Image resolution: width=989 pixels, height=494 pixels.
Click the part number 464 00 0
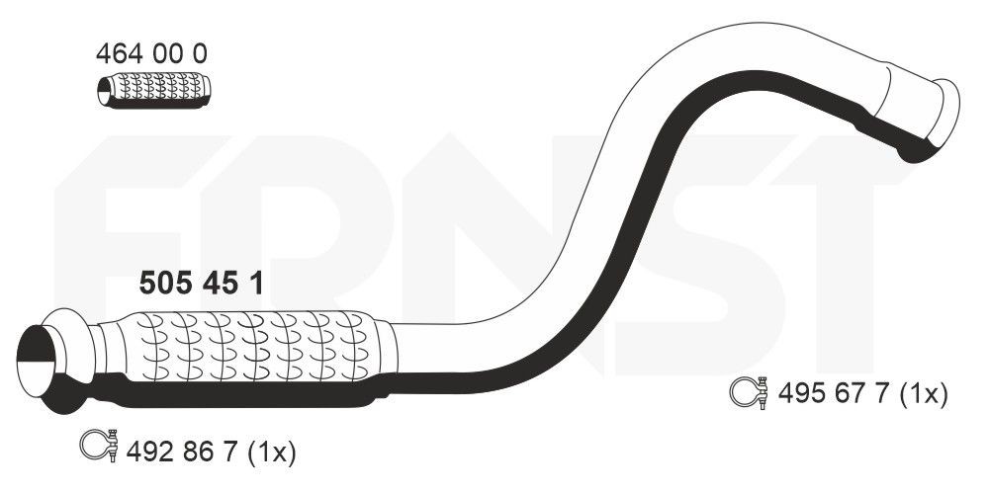[x=151, y=54]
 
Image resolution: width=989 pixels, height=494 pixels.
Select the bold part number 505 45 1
[x=201, y=283]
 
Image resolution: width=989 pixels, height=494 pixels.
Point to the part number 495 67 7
[x=833, y=394]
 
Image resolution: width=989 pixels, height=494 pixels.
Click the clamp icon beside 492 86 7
[x=99, y=445]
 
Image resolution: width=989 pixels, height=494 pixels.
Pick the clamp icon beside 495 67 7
[x=749, y=392]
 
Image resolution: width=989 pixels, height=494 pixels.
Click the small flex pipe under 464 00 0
[x=154, y=91]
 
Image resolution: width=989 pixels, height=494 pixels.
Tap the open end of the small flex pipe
[x=104, y=92]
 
